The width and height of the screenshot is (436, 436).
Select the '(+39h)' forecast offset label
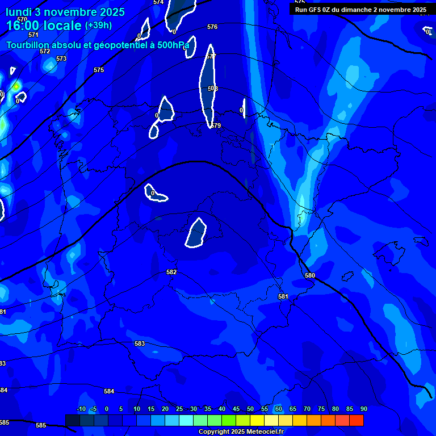coord(98,26)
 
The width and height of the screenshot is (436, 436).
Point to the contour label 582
coord(171,272)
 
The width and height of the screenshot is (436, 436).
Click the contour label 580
coord(310,275)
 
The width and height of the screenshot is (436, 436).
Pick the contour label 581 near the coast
coord(283,296)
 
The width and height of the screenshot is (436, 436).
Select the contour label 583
coord(140,343)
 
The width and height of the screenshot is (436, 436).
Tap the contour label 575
coord(99,70)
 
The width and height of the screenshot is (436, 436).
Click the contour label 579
coord(216,125)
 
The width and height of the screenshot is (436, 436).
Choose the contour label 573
coord(61,58)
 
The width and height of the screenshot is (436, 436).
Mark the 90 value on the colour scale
coord(363,409)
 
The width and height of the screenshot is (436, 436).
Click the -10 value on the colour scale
coord(81,409)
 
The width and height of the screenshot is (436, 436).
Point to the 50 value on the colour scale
coord(250,409)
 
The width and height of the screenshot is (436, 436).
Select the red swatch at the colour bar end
coord(357,420)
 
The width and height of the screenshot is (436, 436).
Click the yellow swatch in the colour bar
coord(257,420)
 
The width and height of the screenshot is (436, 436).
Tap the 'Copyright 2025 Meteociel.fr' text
coord(241,431)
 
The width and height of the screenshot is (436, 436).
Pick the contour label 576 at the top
coord(212,27)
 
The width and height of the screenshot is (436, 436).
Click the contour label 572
coord(45,51)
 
